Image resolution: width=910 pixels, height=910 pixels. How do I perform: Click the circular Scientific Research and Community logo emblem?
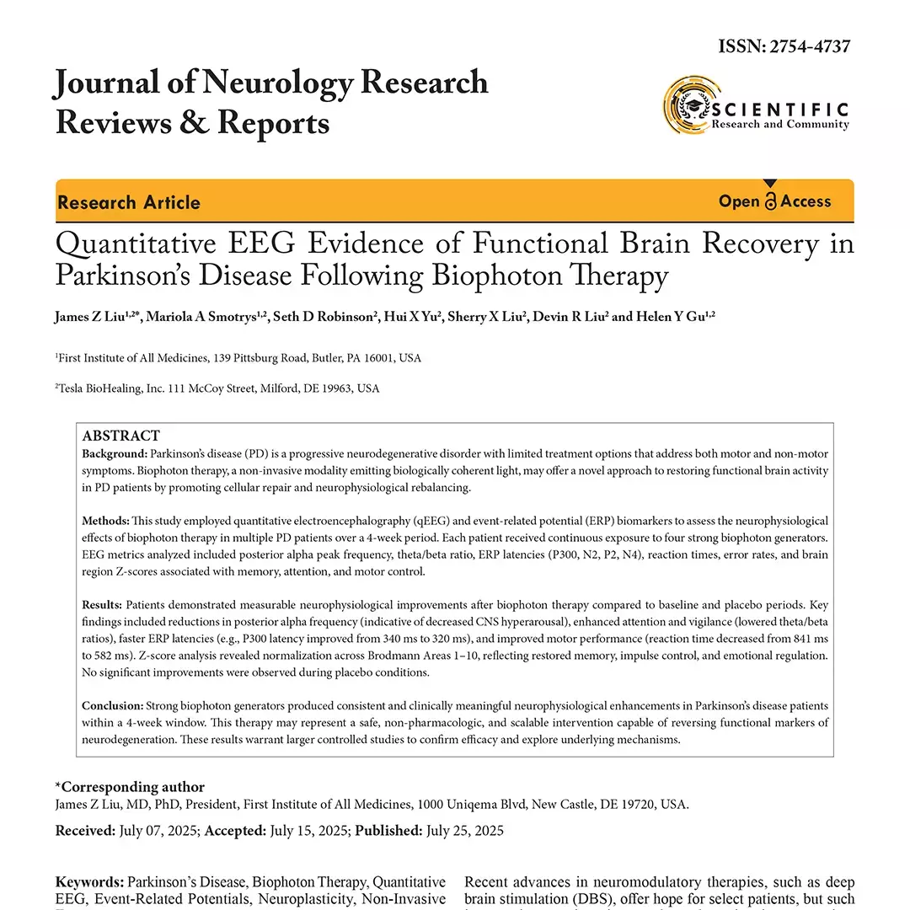[687, 105]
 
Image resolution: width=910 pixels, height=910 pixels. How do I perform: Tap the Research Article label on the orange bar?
[129, 202]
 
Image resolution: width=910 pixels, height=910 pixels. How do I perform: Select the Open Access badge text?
[774, 201]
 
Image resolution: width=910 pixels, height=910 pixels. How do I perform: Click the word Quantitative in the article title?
[136, 244]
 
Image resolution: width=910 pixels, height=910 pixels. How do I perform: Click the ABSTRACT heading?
[120, 436]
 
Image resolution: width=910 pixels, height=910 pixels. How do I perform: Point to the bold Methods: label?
[106, 521]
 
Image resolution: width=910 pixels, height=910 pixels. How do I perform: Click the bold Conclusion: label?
[113, 705]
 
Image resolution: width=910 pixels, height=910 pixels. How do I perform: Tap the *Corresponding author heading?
[130, 787]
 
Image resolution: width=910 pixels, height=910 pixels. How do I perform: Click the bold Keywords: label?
[90, 883]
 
